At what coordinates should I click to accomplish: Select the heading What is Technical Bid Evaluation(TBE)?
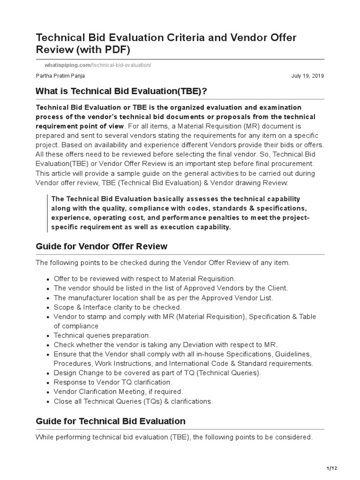pyautogui.click(x=115, y=91)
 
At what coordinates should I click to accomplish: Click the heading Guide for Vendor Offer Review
pyautogui.click(x=102, y=247)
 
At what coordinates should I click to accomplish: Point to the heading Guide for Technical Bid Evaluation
pyautogui.click(x=111, y=421)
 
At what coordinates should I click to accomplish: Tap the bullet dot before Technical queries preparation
pyautogui.click(x=48, y=336)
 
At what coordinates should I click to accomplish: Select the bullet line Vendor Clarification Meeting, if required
pyautogui.click(x=119, y=391)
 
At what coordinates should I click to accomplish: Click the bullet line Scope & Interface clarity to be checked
pyautogui.click(x=118, y=307)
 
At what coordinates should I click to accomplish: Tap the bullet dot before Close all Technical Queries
pyautogui.click(x=48, y=402)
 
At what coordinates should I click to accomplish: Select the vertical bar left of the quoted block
pyautogui.click(x=48, y=213)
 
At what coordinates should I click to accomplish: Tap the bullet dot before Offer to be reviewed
pyautogui.click(x=48, y=279)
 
